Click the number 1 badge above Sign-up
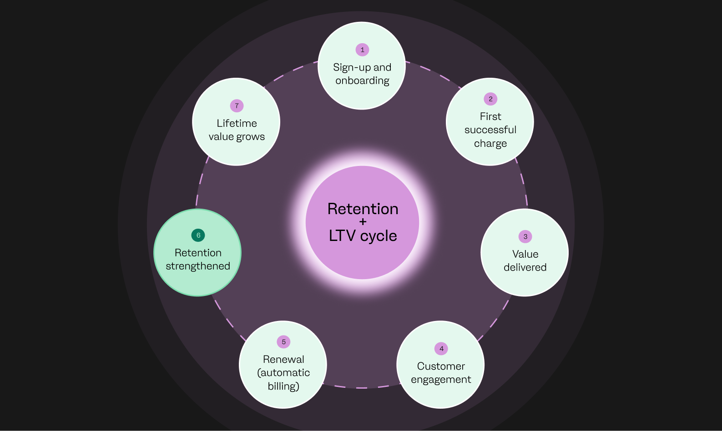coord(362,50)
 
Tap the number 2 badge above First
coord(490,99)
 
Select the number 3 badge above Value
coord(525,236)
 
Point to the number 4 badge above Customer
coord(441,349)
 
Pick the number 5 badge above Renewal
coord(283,342)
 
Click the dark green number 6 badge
coord(198,235)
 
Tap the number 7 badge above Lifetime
coord(237,105)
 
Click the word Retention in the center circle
coord(363,209)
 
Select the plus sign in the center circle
coord(363,222)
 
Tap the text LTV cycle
coord(363,236)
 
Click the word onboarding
coord(362,81)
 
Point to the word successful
coord(490,130)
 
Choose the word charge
coord(490,144)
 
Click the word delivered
coord(525,267)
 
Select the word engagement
coord(441,380)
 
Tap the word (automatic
coord(283,373)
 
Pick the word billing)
coord(283,386)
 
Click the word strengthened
coord(198,266)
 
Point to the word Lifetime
coord(237,123)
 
